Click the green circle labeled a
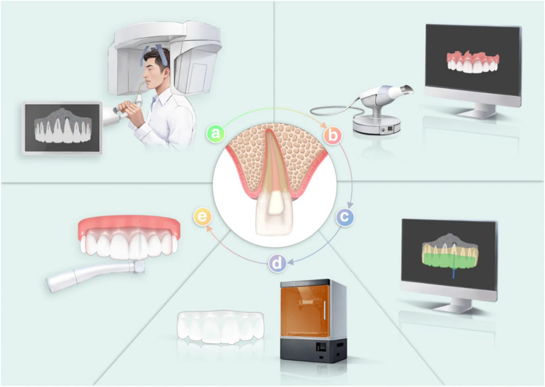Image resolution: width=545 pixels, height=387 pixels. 215,133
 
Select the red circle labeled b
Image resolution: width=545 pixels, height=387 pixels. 332,135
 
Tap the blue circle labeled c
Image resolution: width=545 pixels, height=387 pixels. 345,216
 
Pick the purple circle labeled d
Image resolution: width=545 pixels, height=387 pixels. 277,263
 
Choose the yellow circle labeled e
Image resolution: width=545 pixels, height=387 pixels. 201,216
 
